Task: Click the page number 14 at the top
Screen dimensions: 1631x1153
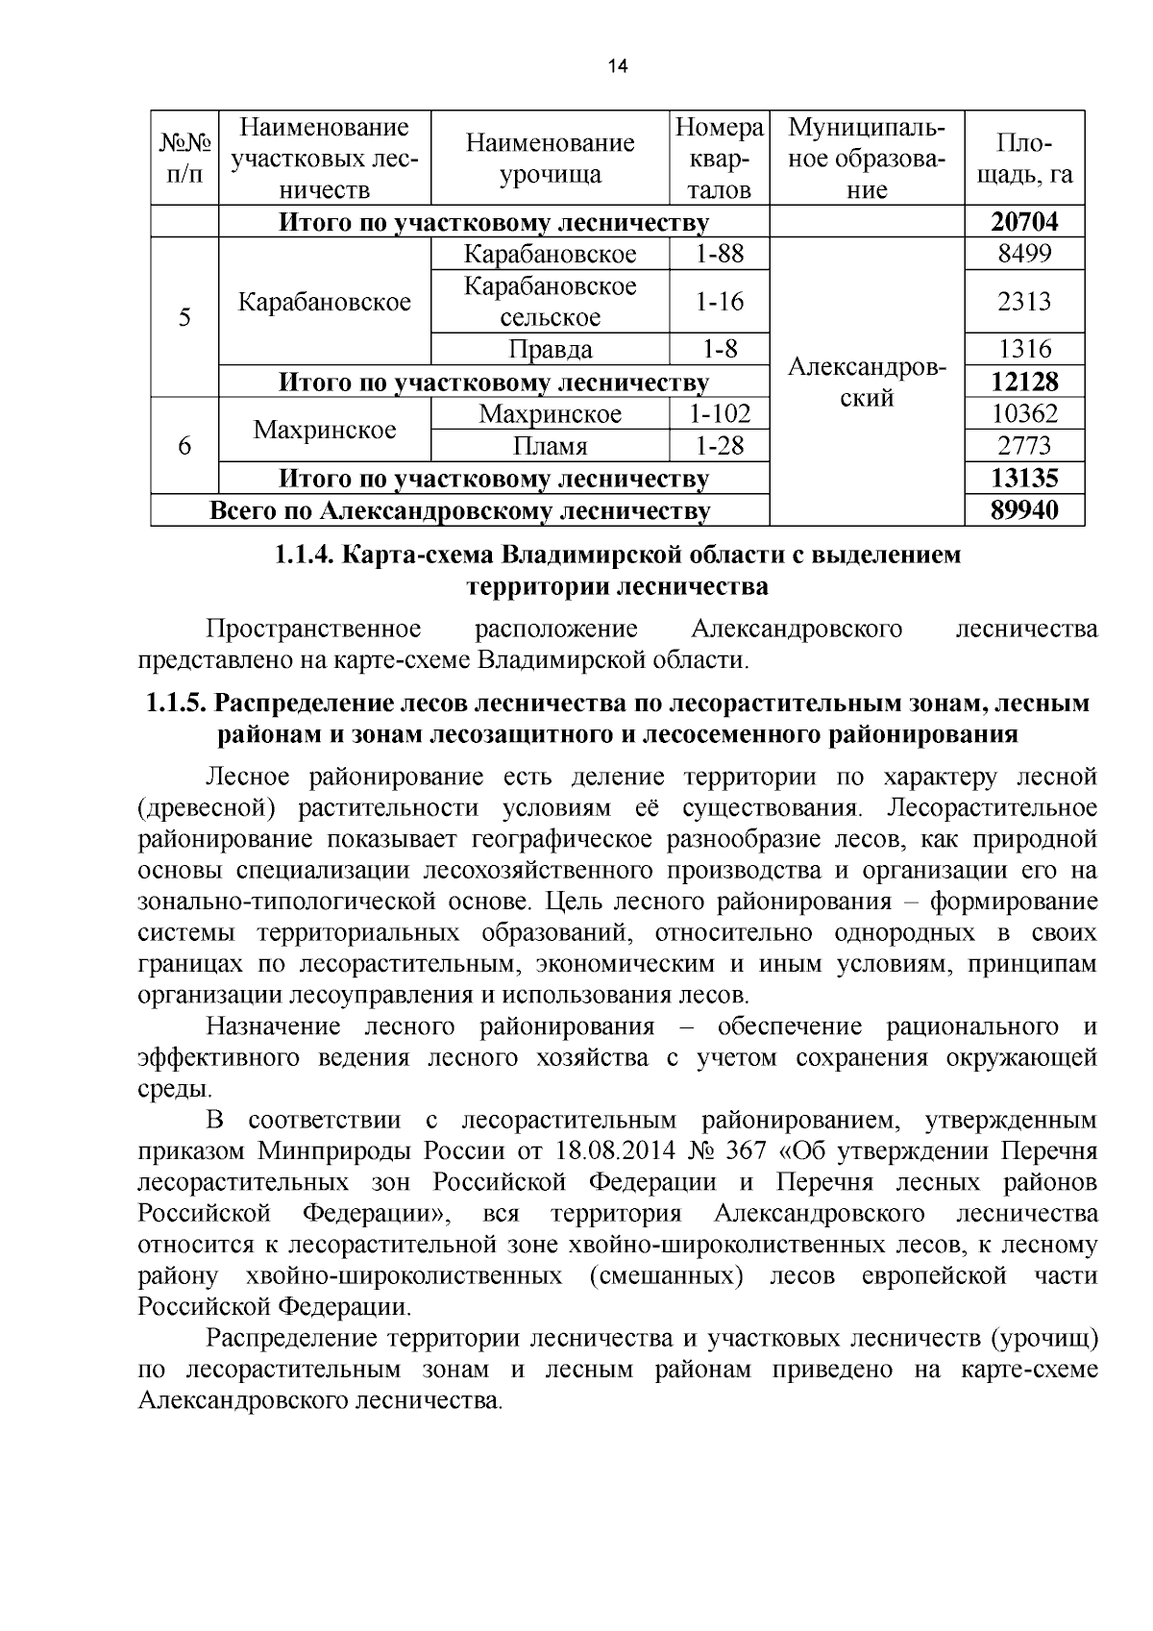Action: (x=617, y=66)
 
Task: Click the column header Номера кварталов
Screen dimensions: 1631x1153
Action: (x=720, y=159)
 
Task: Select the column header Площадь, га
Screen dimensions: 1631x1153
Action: (x=1024, y=159)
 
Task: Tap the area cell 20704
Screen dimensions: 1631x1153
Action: (x=1024, y=223)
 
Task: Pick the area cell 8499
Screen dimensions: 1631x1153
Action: (x=1024, y=255)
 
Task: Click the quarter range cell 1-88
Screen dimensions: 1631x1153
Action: (x=720, y=255)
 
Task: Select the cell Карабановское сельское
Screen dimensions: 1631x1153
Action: (x=550, y=302)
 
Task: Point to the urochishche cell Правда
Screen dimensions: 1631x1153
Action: (x=550, y=349)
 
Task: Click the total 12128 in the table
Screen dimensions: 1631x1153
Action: (x=1024, y=382)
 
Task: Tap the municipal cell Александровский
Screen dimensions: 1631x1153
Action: (x=867, y=383)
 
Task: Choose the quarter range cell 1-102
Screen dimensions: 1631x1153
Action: (x=720, y=414)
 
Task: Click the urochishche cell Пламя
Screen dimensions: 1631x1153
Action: (x=550, y=446)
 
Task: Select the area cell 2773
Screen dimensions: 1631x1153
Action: (x=1024, y=446)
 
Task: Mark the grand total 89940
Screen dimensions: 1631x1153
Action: (x=1024, y=510)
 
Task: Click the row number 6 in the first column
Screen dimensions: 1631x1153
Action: (x=184, y=446)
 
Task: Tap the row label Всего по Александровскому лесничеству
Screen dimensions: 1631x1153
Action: (x=460, y=510)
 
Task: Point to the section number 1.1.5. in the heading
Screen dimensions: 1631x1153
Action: (x=176, y=704)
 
